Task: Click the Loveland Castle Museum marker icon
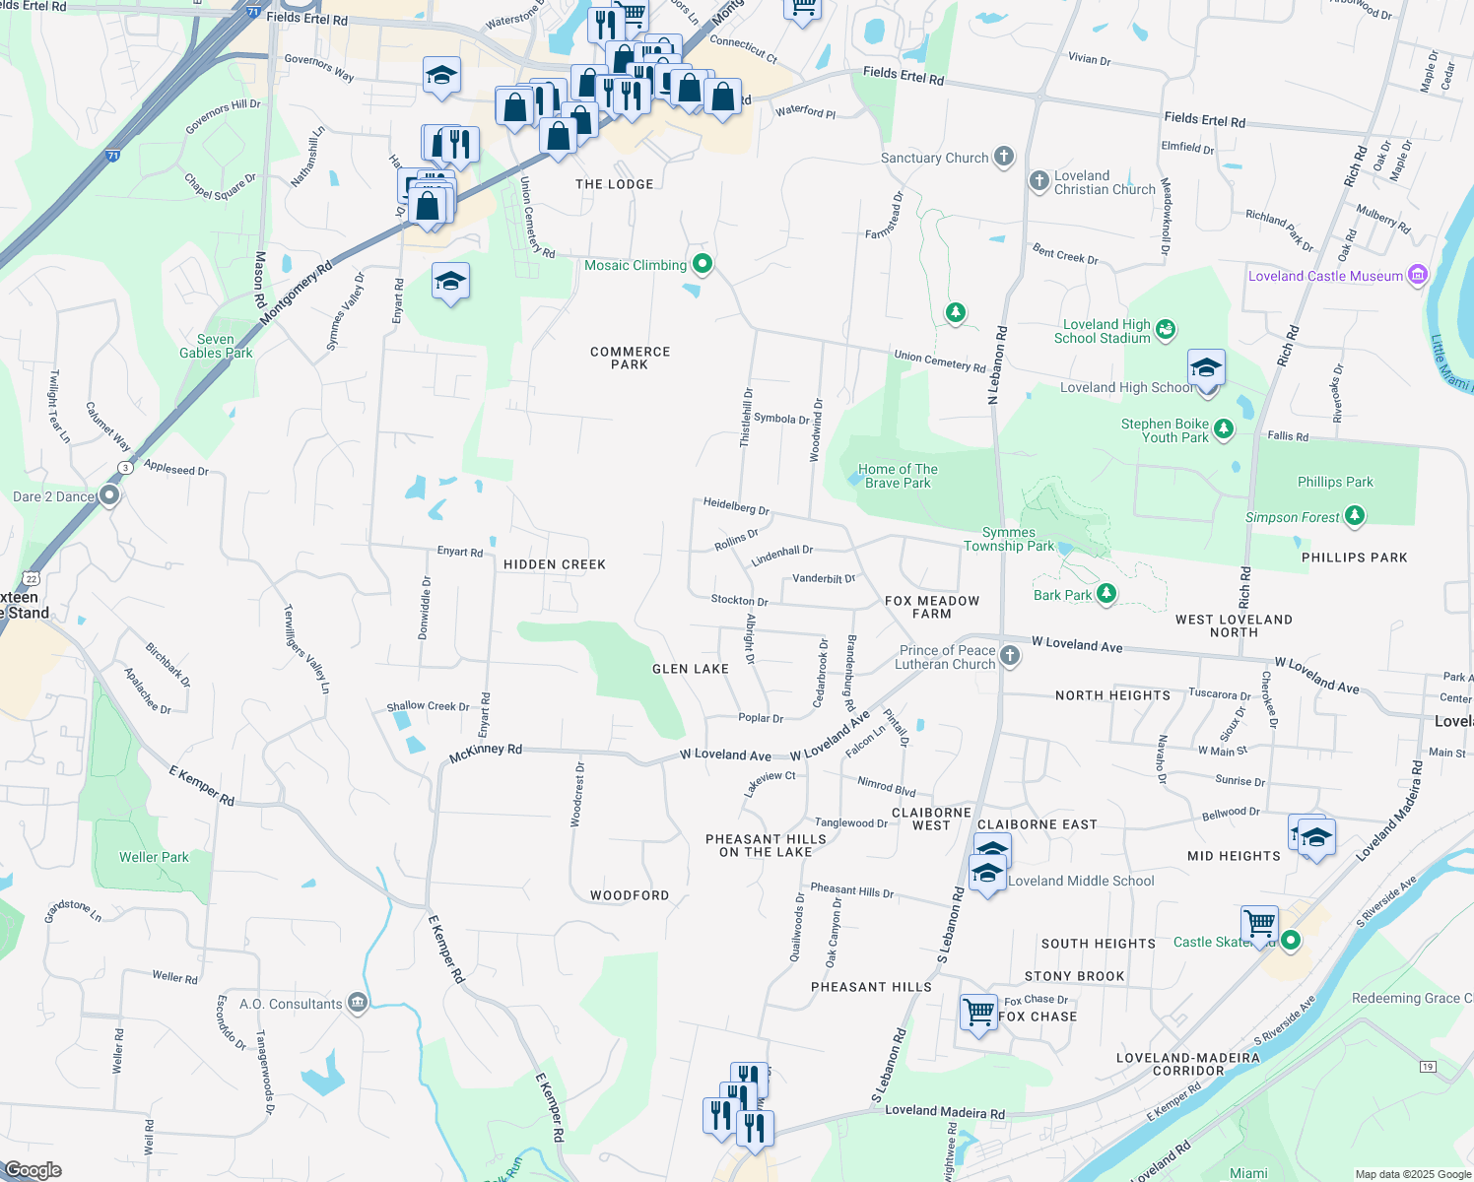coord(1418,275)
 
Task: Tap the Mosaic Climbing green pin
coord(703,263)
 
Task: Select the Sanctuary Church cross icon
coord(1003,157)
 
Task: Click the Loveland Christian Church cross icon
coord(1038,181)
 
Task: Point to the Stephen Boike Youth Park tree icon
coord(1224,428)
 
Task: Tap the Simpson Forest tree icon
coord(1355,515)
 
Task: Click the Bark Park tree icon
coord(1106,593)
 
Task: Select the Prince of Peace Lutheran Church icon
coord(1010,656)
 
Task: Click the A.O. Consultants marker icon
coord(358,1003)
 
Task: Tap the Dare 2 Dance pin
coord(109,495)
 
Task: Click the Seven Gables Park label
coord(216,346)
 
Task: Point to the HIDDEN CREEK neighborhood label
coord(555,564)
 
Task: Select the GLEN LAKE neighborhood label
coord(691,669)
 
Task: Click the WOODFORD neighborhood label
coord(630,895)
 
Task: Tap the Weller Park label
coord(154,857)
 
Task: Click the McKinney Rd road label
coord(485,754)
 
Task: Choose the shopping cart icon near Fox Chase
coord(978,1012)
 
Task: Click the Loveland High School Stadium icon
coord(1166,329)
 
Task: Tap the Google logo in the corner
coord(33,1169)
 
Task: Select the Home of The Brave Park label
coord(898,476)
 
